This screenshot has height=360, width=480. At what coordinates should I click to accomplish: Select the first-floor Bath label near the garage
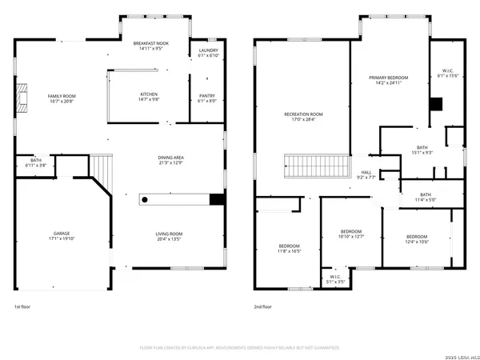click(36, 160)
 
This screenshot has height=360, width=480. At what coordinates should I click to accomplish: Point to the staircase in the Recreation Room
click(316, 167)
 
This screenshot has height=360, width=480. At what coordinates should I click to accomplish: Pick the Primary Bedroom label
click(389, 78)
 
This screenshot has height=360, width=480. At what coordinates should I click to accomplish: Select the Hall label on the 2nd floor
click(366, 172)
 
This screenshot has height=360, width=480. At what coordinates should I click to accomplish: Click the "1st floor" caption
click(22, 306)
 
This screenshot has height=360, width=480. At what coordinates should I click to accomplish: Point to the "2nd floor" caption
click(263, 306)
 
